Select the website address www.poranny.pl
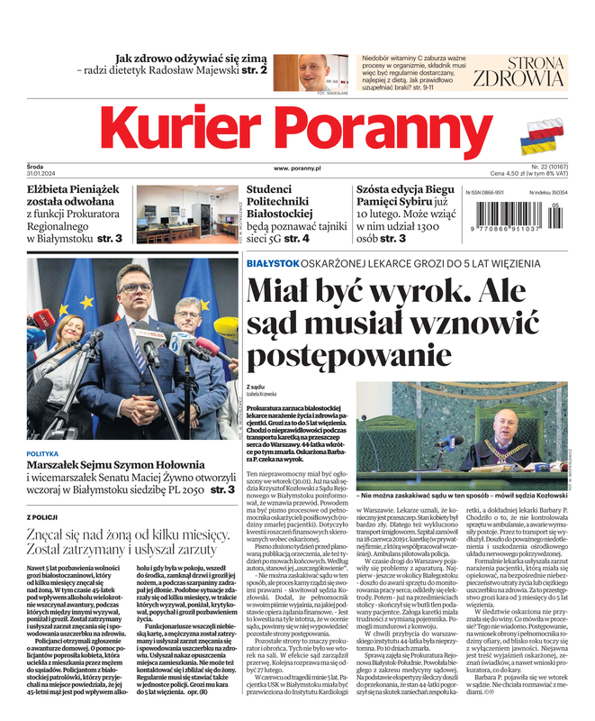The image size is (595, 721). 297,169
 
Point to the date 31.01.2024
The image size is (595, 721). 42,175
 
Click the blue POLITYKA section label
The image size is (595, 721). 43,454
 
